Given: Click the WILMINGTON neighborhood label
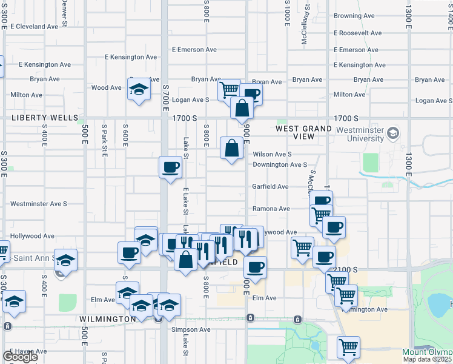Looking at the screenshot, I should click(107, 318).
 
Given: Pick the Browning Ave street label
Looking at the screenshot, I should click(354, 16).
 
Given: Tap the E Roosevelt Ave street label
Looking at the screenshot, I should click(357, 33).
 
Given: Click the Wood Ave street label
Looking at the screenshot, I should click(107, 87).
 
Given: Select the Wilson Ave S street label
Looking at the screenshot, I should click(272, 154).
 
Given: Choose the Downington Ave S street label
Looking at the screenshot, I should click(280, 164).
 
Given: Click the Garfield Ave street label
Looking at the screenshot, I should click(270, 187).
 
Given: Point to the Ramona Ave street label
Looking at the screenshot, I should click(271, 209).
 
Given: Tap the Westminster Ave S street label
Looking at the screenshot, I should click(39, 204).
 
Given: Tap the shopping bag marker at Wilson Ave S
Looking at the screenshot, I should click(231, 148).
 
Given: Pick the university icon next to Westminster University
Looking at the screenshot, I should click(394, 133).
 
